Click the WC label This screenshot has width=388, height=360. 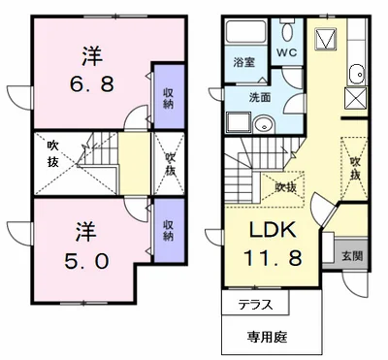[x=287, y=53]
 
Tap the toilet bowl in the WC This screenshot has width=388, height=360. [x=287, y=31]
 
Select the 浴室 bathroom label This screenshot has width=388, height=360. [x=244, y=62]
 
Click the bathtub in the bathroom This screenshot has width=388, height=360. [x=245, y=31]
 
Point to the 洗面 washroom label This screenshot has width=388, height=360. [x=260, y=97]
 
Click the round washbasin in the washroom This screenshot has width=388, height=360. [x=263, y=124]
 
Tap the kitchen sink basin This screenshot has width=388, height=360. [x=357, y=74]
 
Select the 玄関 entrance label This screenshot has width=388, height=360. [x=352, y=256]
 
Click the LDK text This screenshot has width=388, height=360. [x=273, y=230]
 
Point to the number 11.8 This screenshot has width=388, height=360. [x=273, y=258]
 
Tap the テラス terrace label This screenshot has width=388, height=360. [x=255, y=305]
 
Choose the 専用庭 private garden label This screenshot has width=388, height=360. [x=268, y=338]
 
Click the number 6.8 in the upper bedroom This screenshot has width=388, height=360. [x=91, y=84]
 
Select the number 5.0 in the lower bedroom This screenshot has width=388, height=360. [x=86, y=261]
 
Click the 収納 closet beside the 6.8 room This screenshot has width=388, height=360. [x=169, y=98]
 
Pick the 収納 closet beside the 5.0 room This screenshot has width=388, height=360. [x=169, y=230]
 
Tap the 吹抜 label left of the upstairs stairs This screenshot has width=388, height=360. [x=53, y=154]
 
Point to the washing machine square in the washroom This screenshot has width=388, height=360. [x=239, y=122]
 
